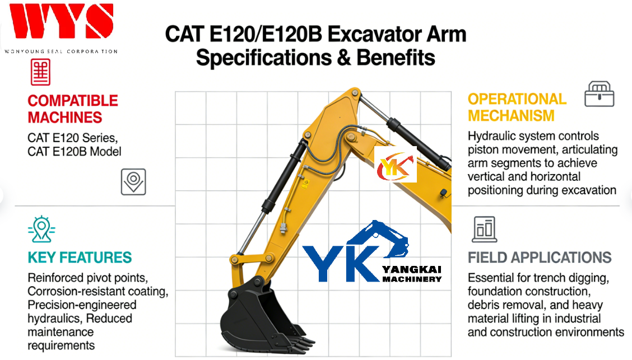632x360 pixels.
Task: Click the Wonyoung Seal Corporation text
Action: [x=61, y=52]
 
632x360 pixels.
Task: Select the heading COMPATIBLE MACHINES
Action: [x=73, y=109]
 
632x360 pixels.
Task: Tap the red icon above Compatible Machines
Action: [x=40, y=72]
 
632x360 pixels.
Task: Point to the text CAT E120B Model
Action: [x=75, y=151]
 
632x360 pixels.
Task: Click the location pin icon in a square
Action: [x=133, y=181]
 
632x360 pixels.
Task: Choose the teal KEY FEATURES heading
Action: [x=80, y=258]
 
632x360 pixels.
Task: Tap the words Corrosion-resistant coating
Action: [x=97, y=291]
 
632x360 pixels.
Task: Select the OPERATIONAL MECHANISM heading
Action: [x=517, y=107]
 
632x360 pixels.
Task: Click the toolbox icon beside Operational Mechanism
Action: [x=599, y=94]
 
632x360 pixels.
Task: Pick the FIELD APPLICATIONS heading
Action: [x=540, y=258]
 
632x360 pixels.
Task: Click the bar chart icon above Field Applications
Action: [x=484, y=229]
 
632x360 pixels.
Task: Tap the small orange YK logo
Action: [x=396, y=164]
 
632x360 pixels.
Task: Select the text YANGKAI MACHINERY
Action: [x=412, y=274]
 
